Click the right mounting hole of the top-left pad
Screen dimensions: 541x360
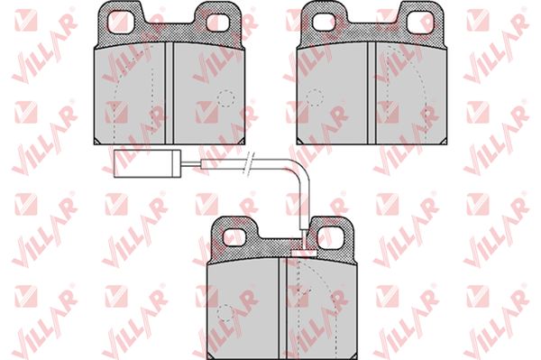click(217, 23)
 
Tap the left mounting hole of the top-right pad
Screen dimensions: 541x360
click(324, 22)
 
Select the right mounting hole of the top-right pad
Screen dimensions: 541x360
click(421, 22)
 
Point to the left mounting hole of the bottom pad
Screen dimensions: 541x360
click(234, 237)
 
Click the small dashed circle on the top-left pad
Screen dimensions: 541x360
click(226, 98)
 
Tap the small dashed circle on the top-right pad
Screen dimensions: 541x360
click(315, 98)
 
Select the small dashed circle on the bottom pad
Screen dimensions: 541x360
click(225, 313)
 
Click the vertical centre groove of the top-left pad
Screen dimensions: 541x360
click(169, 93)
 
